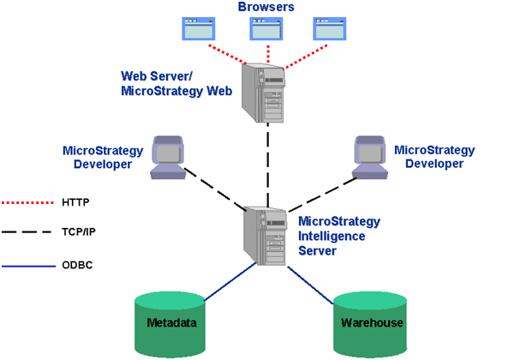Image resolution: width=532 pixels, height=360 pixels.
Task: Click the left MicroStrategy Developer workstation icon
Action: [170, 157]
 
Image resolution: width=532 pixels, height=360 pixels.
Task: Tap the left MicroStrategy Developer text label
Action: [97, 157]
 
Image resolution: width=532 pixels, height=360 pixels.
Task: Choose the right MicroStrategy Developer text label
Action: [433, 156]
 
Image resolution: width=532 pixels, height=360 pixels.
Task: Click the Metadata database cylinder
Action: [172, 323]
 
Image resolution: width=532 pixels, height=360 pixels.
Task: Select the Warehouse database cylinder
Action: [368, 323]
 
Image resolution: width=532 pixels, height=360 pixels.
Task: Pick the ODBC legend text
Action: [77, 265]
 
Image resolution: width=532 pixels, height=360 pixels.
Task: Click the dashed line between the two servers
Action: [266, 163]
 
